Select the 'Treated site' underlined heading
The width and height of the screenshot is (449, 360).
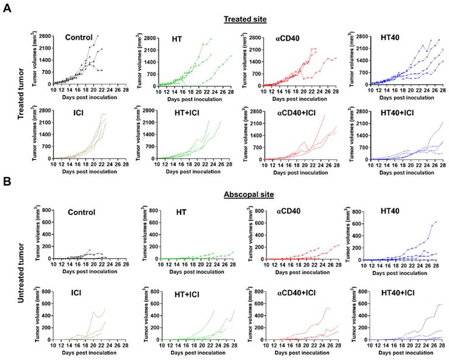245,19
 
